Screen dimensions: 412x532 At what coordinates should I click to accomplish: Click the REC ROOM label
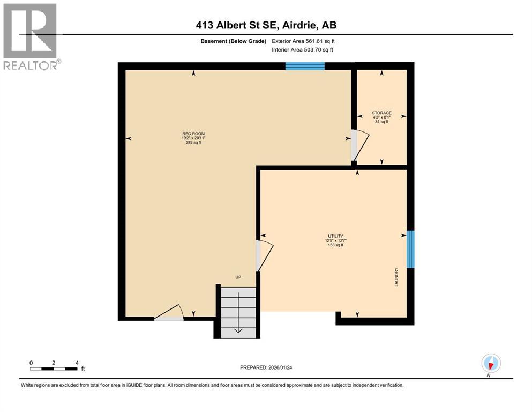point(193,134)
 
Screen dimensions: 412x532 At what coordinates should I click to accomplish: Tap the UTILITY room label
point(336,236)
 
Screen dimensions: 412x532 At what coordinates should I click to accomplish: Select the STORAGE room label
point(381,113)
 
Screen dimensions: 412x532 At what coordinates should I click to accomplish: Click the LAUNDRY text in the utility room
point(396,277)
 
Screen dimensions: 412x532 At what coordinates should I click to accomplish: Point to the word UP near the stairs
point(238,277)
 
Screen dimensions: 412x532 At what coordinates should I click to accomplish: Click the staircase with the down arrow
point(238,312)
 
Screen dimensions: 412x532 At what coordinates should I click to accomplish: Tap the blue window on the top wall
point(305,66)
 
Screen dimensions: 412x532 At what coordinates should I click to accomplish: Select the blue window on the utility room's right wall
point(410,249)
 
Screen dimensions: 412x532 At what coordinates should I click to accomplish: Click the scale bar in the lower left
point(55,369)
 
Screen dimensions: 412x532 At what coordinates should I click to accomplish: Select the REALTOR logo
point(31,36)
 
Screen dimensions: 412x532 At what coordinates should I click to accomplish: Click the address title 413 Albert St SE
point(266,25)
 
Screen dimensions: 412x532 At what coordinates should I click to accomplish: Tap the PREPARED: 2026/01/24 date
point(266,367)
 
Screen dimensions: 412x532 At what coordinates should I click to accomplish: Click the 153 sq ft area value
point(336,245)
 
